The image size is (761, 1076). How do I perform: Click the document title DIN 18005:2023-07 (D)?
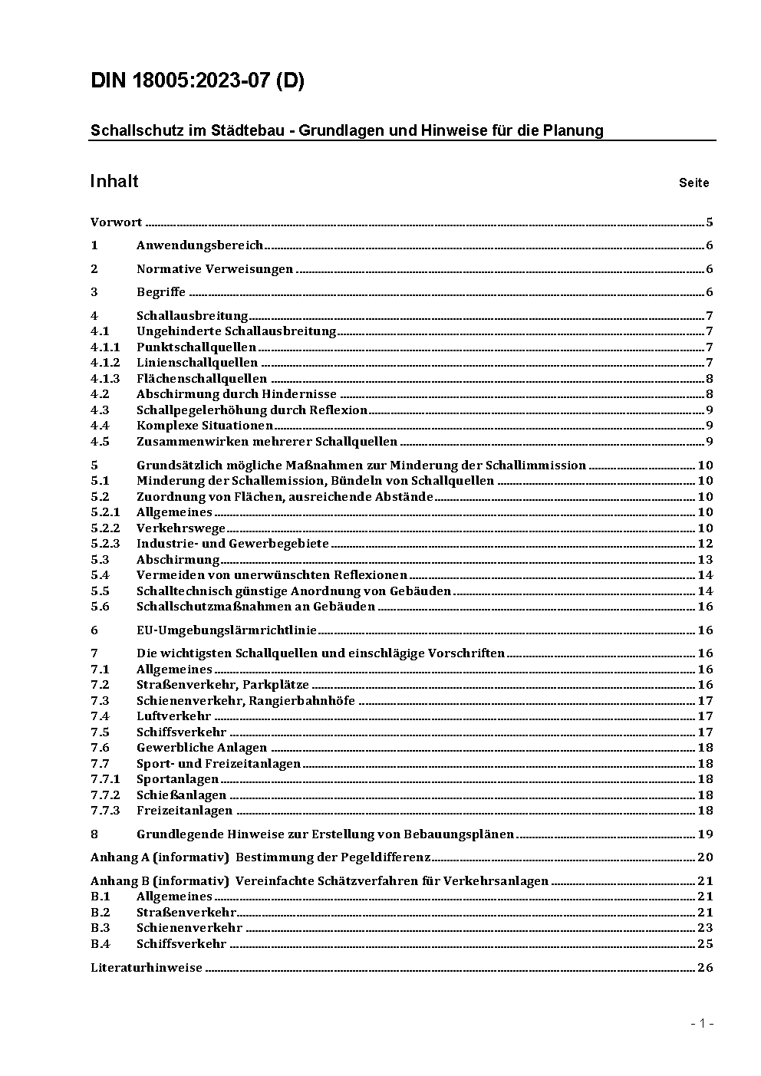tap(197, 81)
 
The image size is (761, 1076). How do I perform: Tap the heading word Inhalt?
tap(114, 181)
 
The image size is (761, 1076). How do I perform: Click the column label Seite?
tap(693, 183)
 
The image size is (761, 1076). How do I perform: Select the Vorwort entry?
tap(116, 222)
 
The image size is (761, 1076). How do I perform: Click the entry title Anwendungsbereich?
tap(199, 245)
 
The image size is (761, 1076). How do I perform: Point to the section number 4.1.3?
tap(105, 378)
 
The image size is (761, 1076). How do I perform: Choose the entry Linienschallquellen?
tap(197, 363)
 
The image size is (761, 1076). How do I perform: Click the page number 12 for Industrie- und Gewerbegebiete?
tap(705, 544)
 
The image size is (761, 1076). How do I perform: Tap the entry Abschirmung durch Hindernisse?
tap(236, 394)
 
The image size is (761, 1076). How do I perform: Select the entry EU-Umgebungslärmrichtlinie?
tap(226, 630)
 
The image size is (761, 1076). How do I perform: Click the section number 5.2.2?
tap(105, 528)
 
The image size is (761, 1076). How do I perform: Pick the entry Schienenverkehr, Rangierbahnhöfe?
tap(245, 701)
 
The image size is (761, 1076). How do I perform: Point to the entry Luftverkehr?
tap(173, 716)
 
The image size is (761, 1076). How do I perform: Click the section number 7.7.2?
tap(105, 795)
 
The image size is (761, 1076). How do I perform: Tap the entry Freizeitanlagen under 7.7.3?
tap(184, 811)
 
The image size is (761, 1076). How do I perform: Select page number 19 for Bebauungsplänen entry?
tap(705, 834)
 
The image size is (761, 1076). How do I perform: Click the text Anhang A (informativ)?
tap(160, 857)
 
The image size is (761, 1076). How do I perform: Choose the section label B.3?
tap(100, 928)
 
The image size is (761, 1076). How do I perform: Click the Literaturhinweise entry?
tap(146, 968)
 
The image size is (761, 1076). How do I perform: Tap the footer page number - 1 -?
tap(701, 1024)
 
